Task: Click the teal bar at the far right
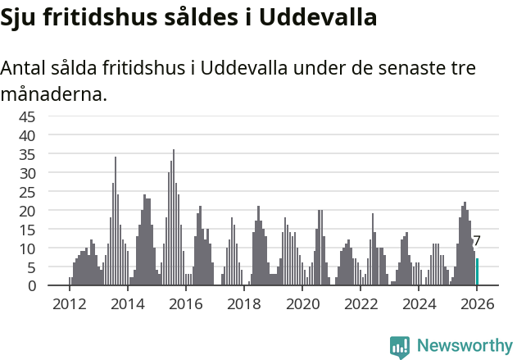[x=478, y=272]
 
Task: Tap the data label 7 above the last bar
[x=477, y=241]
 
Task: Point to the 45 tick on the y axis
[x=27, y=116]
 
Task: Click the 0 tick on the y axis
[x=31, y=286]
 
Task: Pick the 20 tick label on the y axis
[x=27, y=210]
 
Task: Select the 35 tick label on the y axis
[x=27, y=153]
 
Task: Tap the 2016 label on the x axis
[x=185, y=304]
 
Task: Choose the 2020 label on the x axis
[x=302, y=304]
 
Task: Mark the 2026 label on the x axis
[x=477, y=304]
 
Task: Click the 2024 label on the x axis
[x=419, y=304]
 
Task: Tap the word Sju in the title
[x=18, y=17]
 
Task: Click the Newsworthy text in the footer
[x=464, y=346]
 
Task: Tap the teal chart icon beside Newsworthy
[x=400, y=347]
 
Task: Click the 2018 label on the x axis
[x=243, y=304]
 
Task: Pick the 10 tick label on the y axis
[x=27, y=248]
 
